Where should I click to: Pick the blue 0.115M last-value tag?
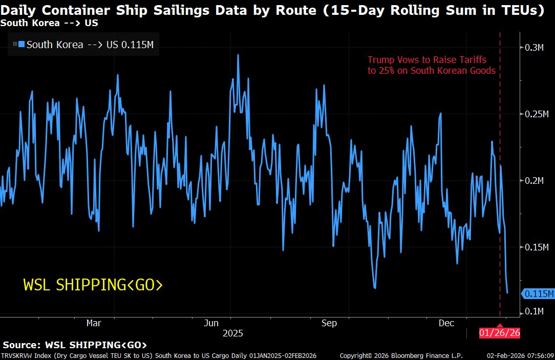click(x=538, y=293)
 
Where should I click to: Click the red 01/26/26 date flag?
click(x=500, y=333)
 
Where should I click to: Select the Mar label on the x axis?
click(x=93, y=323)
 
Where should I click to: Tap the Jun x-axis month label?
click(x=211, y=323)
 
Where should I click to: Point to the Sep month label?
click(x=329, y=323)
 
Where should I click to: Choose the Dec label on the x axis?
click(x=446, y=323)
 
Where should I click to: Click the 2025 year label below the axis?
click(x=232, y=333)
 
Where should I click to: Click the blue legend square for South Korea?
click(x=21, y=45)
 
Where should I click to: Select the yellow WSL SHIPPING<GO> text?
click(x=93, y=285)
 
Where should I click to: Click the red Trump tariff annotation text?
click(x=432, y=65)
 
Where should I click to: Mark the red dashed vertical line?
click(x=500, y=205)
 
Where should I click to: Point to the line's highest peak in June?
click(x=238, y=55)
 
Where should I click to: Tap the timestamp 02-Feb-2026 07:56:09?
click(x=520, y=355)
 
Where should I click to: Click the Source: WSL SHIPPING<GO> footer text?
click(x=75, y=345)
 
